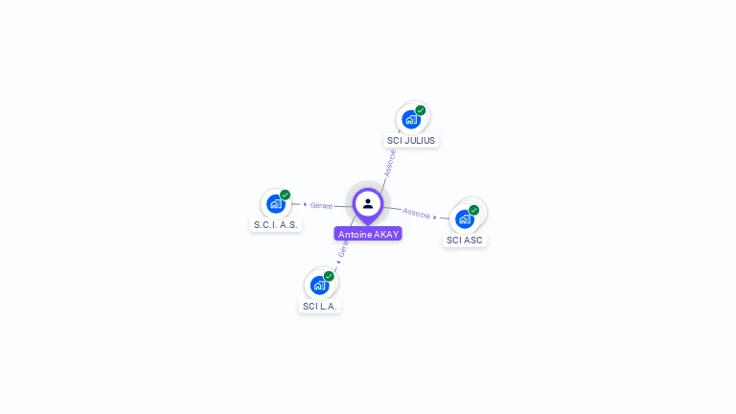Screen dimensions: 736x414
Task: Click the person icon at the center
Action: click(368, 203)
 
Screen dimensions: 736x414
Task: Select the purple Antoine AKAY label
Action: click(368, 234)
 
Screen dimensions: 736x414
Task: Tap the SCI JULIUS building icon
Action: click(411, 120)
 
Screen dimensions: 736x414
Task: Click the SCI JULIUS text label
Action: click(411, 140)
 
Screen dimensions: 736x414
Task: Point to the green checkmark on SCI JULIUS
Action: click(421, 110)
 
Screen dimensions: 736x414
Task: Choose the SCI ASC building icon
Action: click(465, 218)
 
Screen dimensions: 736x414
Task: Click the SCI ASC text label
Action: click(465, 240)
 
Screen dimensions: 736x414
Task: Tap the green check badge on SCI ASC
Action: click(473, 210)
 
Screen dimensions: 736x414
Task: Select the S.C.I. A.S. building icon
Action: click(276, 203)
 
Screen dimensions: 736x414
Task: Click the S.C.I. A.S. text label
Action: click(276, 224)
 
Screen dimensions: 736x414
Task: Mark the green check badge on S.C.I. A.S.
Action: click(285, 195)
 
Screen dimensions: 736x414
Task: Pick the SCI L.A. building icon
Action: click(319, 285)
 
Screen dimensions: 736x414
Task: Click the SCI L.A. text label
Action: click(320, 307)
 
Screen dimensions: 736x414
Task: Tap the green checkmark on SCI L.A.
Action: click(329, 276)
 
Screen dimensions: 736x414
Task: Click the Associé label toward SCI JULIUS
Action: click(390, 162)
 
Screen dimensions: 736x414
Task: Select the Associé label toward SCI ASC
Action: click(416, 213)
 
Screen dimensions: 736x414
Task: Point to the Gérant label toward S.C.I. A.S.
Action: click(321, 205)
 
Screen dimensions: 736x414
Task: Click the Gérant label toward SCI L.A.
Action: click(343, 248)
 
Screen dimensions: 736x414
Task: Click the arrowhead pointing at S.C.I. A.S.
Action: click(305, 204)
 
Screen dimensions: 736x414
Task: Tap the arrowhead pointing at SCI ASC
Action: click(436, 217)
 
